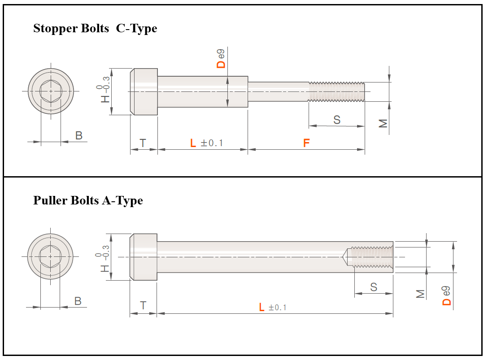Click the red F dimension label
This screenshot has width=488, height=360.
(x=306, y=143)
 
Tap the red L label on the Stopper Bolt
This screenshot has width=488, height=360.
(x=193, y=143)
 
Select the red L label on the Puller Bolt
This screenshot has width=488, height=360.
(x=262, y=308)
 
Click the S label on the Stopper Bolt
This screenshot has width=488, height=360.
(x=337, y=120)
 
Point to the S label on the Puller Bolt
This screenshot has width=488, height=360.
(x=374, y=287)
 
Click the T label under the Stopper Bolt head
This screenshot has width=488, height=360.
(x=143, y=143)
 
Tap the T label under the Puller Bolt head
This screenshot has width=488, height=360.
(x=143, y=306)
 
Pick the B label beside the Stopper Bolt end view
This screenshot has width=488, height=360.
(x=79, y=136)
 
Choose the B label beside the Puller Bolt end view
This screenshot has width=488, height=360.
(x=78, y=301)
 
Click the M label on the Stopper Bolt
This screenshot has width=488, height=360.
(x=383, y=124)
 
